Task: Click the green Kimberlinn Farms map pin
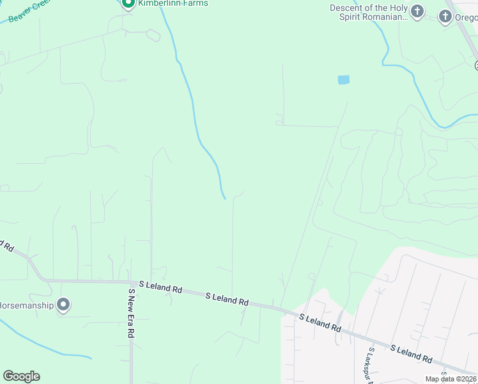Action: [127, 3]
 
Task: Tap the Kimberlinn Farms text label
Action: [173, 3]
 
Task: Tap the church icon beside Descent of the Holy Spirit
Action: [417, 11]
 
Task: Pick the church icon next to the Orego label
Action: [446, 16]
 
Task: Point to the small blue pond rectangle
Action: [344, 80]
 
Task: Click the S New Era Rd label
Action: [132, 313]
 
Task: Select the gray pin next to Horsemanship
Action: [63, 305]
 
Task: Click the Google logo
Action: [21, 376]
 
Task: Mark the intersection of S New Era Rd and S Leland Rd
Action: [130, 282]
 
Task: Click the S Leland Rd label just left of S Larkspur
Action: [320, 322]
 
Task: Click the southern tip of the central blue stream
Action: [224, 198]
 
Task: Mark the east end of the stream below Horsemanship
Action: [91, 356]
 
